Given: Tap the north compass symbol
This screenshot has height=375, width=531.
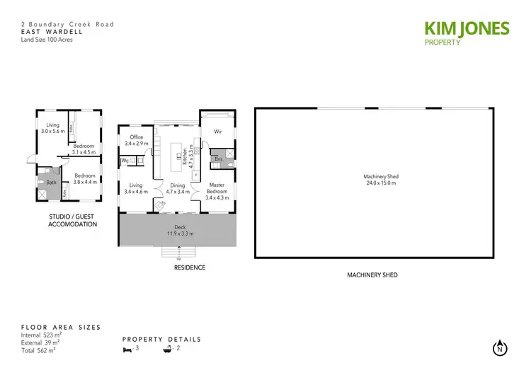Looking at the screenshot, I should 501,348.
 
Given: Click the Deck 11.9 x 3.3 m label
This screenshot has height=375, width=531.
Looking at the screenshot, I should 180,230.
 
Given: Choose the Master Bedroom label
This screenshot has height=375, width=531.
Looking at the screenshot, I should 217,191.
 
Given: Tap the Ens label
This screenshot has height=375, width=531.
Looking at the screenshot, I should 218,159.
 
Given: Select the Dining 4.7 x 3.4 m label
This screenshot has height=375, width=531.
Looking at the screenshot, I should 177,188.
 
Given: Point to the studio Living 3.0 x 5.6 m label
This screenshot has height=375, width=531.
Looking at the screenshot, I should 52,128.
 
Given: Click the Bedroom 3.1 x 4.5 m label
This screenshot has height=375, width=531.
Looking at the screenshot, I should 83,149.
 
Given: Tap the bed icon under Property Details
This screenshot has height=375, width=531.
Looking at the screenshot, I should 128,350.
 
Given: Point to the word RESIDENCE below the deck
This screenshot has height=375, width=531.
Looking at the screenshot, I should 190,267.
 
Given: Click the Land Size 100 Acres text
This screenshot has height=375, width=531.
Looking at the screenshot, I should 47,40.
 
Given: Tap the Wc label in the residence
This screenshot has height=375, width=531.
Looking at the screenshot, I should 125,161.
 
